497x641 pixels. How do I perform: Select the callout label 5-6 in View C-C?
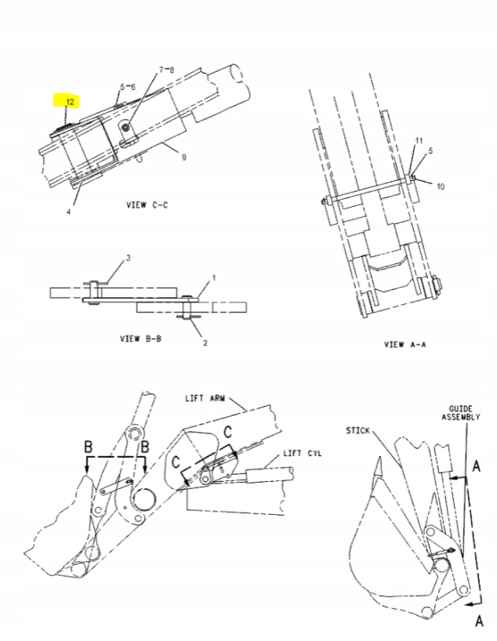pyautogui.click(x=128, y=86)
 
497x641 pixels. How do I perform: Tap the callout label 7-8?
pyautogui.click(x=167, y=70)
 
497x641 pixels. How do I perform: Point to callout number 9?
pyautogui.click(x=183, y=158)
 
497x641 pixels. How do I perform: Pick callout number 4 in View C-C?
pyautogui.click(x=68, y=211)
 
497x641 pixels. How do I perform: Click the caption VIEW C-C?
pyautogui.click(x=147, y=205)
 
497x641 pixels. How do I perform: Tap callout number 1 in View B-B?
pyautogui.click(x=212, y=278)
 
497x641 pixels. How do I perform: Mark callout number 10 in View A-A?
pyautogui.click(x=441, y=187)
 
